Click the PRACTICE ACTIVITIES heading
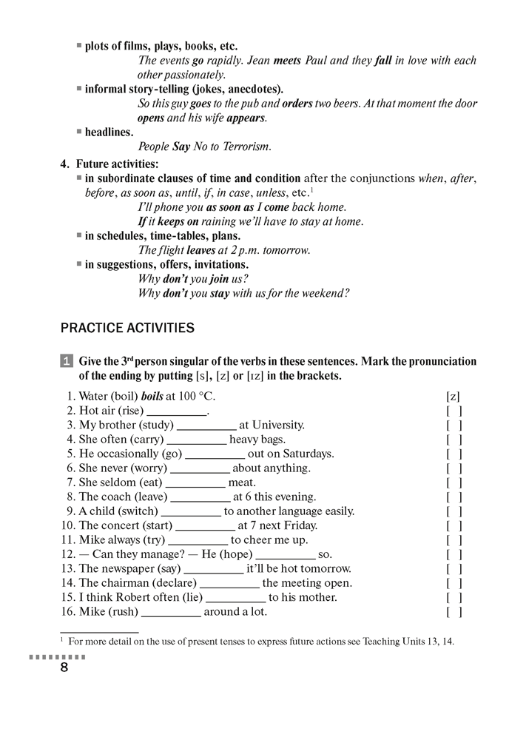pos(127,328)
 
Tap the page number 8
pos(64,668)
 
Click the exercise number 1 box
pos(66,362)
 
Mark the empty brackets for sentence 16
pos(454,612)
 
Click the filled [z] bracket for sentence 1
pos(454,397)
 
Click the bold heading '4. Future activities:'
pos(109,164)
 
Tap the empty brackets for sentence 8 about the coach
pos(454,497)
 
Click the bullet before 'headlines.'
pos(79,132)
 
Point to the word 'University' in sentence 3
pos(277,425)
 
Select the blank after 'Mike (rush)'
pos(170,612)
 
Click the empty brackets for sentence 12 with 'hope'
pos(454,554)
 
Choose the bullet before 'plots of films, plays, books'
pos(79,46)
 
